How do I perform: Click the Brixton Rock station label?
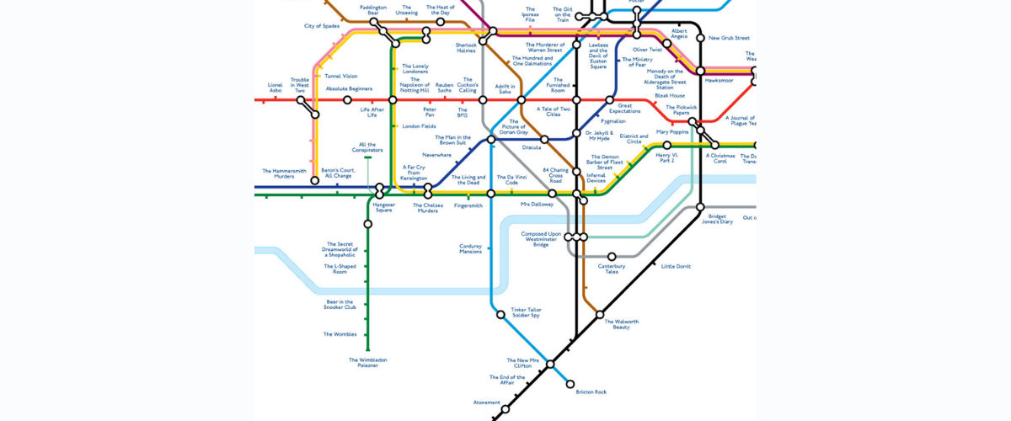point(591,392)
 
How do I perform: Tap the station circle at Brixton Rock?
point(571,384)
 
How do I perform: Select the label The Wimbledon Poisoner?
point(368,363)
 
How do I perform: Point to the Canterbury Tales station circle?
point(612,257)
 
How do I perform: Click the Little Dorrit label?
point(676,266)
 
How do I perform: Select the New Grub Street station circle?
point(700,38)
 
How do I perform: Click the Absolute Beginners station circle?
point(347,100)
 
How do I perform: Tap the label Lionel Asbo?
point(275,87)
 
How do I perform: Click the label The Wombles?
point(340,334)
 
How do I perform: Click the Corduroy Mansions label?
point(471,248)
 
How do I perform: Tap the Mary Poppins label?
point(673,132)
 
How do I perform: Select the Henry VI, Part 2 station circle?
point(667,145)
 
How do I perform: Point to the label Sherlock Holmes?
point(466,47)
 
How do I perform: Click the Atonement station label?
point(487,402)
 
